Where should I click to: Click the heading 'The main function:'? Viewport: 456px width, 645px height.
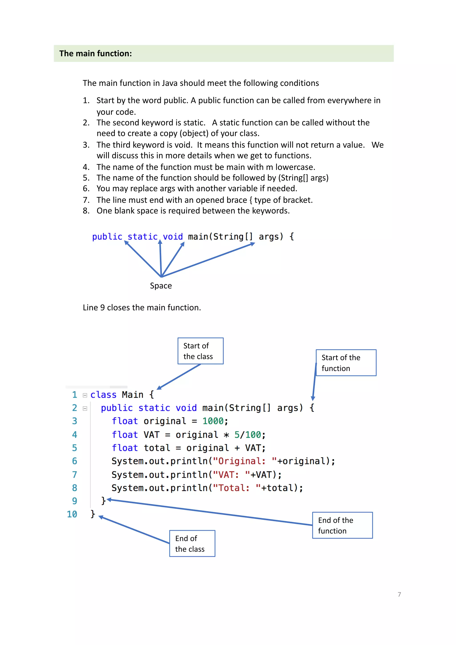(96, 53)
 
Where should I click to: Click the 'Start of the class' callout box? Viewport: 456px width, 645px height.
(200, 351)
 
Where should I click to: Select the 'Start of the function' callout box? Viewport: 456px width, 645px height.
(346, 363)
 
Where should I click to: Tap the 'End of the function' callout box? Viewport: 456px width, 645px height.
(342, 525)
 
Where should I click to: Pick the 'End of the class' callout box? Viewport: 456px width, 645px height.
(192, 543)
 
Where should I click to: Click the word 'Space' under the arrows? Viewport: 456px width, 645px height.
(161, 286)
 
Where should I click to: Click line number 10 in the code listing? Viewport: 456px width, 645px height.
(72, 514)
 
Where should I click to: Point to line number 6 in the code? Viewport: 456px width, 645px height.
(74, 461)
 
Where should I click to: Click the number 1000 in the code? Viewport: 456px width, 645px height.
(213, 421)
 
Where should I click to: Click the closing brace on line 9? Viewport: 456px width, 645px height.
(103, 501)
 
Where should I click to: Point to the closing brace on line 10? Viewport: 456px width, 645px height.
(93, 514)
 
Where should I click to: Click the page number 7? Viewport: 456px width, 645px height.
(399, 594)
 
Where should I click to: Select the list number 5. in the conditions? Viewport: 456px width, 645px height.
(86, 178)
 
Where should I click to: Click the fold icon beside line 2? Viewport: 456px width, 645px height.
(85, 408)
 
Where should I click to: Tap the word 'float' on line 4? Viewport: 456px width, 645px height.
(125, 435)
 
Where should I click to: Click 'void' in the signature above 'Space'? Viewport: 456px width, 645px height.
(173, 237)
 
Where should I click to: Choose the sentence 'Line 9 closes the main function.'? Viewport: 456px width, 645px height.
(142, 308)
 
